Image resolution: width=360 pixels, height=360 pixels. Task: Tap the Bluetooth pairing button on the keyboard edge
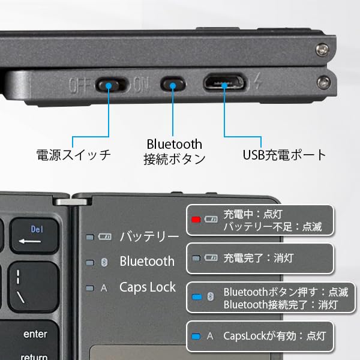[173, 84]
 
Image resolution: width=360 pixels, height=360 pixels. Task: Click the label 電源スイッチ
[73, 155]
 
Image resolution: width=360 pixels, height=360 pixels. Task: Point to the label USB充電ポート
[284, 155]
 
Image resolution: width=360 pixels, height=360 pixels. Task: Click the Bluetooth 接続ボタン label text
[174, 152]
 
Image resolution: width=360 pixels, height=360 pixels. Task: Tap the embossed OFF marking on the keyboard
[80, 85]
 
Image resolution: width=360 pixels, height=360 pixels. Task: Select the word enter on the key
[35, 334]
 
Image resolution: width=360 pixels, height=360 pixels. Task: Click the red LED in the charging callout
[196, 220]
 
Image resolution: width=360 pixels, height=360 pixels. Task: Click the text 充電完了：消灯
[254, 259]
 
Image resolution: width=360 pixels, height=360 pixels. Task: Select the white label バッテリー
[148, 236]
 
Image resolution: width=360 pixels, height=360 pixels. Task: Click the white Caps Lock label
[148, 287]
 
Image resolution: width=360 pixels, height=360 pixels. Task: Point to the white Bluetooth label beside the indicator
[147, 262]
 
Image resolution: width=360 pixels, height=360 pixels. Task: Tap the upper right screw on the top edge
[323, 47]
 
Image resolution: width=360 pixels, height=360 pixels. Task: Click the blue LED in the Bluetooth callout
[196, 296]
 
